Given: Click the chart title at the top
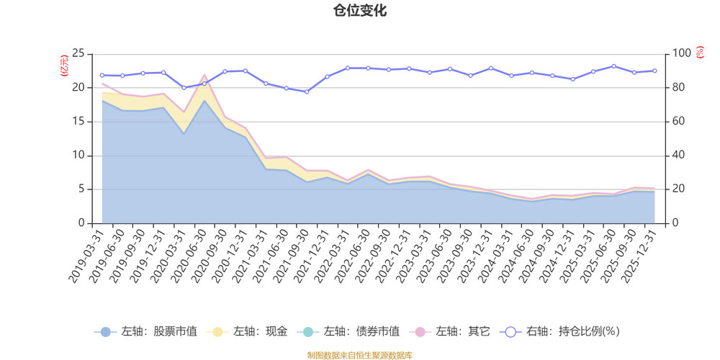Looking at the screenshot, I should (x=359, y=10).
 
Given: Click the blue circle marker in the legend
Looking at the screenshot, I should (x=105, y=332).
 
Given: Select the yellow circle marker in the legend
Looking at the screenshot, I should (x=215, y=332).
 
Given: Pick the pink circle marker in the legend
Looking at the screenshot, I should (x=418, y=332).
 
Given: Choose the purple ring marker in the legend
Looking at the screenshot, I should (x=510, y=332).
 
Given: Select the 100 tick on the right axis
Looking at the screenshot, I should (x=681, y=53).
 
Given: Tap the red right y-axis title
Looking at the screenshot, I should (x=700, y=52).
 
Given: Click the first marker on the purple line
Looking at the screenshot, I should (x=102, y=75).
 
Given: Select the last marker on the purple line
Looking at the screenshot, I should (x=655, y=71).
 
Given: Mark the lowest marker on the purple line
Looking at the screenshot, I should (x=307, y=92).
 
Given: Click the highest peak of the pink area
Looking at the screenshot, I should (x=204, y=75).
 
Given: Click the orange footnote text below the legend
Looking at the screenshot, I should (x=359, y=354).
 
